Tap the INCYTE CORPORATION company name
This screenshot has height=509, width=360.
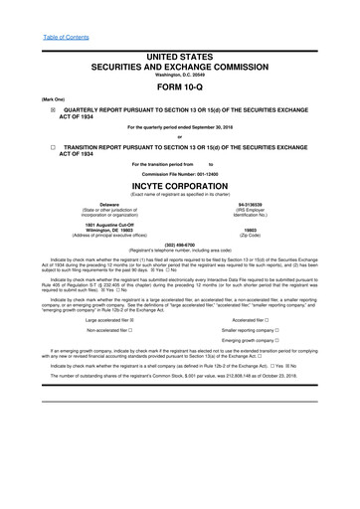pos(180,185)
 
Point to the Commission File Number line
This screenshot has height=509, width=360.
pos(180,173)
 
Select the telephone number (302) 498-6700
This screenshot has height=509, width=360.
pos(180,244)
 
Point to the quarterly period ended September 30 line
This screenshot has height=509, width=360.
pos(180,128)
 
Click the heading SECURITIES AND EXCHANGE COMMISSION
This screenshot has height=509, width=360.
pos(180,64)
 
